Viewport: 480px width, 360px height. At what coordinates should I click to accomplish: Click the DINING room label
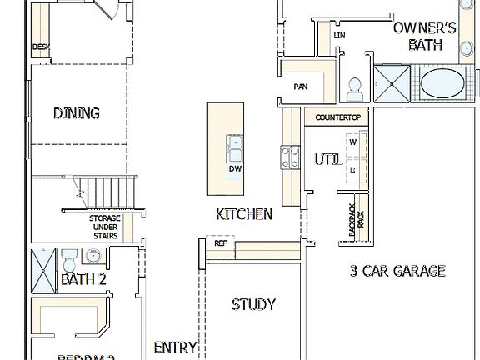coord(77,113)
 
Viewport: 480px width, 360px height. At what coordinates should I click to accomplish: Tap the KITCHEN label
coord(244,214)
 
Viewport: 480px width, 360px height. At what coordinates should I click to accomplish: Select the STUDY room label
coord(253,304)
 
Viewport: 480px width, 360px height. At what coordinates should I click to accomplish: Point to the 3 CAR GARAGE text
coord(397,271)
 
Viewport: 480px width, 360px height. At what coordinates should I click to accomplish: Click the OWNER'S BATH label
coord(425,36)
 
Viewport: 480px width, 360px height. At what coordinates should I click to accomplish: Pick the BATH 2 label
coord(83,280)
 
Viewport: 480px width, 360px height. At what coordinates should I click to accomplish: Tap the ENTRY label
coord(176,347)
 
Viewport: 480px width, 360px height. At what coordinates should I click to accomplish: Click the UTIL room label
coord(327,159)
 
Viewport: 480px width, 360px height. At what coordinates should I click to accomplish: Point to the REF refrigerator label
coord(221,244)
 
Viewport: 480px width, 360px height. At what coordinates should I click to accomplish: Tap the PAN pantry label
coord(301,87)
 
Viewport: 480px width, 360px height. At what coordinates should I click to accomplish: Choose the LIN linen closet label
coord(339,36)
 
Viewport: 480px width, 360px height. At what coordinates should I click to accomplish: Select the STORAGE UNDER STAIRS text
coord(105,227)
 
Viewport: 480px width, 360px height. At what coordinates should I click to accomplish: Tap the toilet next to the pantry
coord(354,86)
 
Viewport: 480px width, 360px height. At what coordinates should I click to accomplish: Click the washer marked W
coord(352,142)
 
